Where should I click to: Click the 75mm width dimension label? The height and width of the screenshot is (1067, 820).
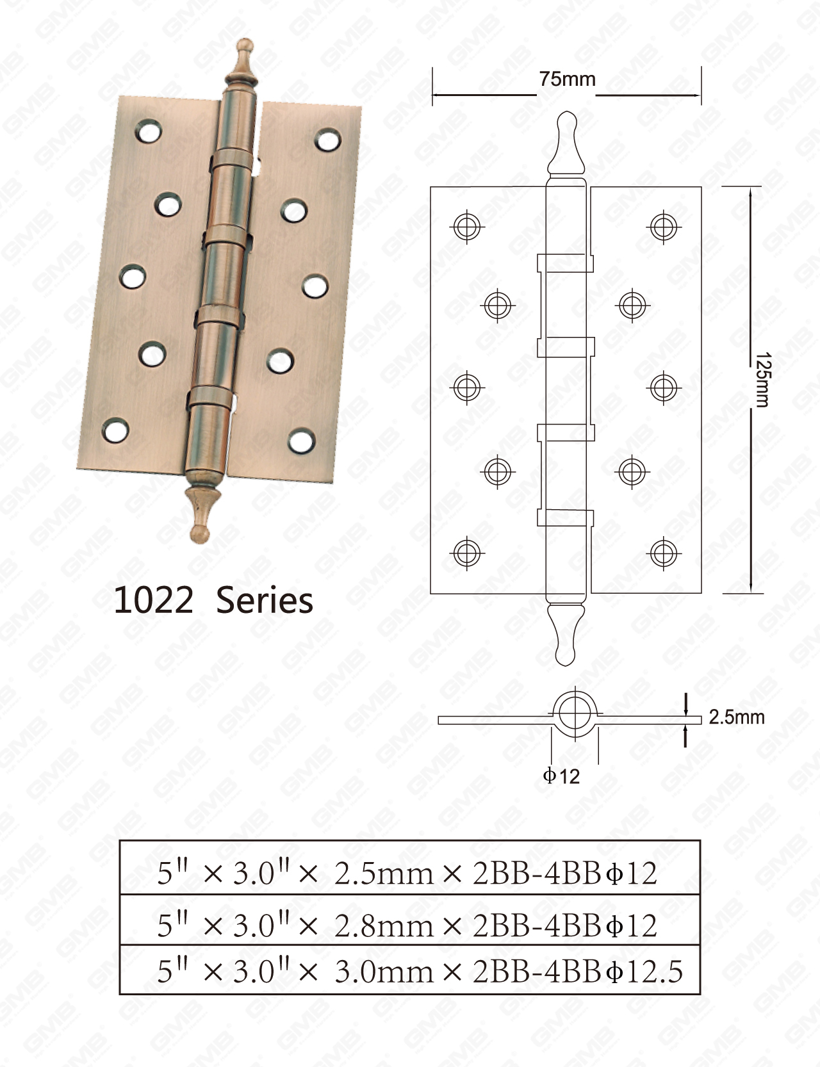click(567, 79)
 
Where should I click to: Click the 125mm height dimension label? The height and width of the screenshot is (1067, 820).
click(762, 379)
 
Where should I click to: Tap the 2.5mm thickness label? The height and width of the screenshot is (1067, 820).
click(737, 717)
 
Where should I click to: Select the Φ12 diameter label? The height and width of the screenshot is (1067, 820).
click(561, 776)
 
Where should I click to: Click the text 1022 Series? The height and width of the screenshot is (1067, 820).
click(213, 601)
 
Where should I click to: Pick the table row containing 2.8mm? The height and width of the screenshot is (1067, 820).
click(409, 925)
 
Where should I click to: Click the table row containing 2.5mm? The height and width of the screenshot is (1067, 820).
click(409, 872)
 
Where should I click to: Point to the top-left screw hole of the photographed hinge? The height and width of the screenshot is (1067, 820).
click(148, 132)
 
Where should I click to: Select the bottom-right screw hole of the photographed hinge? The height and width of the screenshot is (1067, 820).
click(300, 441)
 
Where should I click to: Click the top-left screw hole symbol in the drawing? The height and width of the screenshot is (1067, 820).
click(467, 226)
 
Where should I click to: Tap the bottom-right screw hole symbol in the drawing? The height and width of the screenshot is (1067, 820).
click(663, 553)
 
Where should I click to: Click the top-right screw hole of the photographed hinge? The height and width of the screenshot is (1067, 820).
click(327, 140)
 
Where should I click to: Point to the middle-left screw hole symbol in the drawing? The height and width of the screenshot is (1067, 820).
click(467, 387)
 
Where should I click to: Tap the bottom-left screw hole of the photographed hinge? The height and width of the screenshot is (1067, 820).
click(116, 431)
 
